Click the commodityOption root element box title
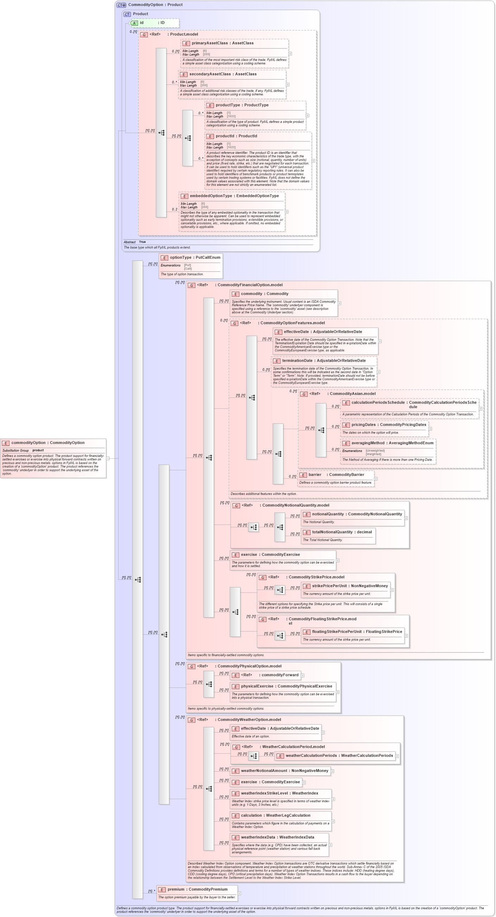48,443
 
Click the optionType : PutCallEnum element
195,257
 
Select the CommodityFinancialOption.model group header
250,285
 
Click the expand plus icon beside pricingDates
430,429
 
